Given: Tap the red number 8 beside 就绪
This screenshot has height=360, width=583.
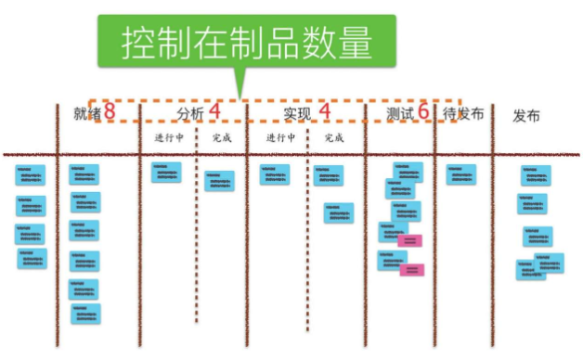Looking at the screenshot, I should tap(110, 111).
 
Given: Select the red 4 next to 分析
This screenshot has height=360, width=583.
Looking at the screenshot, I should tap(214, 111).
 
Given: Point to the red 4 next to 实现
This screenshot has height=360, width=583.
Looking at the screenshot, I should tap(325, 111).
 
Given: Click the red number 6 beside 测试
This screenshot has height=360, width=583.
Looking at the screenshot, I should tap(423, 111).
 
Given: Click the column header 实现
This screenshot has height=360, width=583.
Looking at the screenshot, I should tap(297, 113).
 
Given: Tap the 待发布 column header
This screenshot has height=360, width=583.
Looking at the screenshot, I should tap(463, 113).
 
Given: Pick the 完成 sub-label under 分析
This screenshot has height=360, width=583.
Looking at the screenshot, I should tap(222, 138).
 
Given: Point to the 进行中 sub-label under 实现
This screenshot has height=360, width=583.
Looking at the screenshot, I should tap(280, 138).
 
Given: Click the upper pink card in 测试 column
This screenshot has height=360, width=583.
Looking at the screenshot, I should tap(409, 240).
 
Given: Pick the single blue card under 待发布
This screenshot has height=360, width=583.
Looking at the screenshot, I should tap(460, 174).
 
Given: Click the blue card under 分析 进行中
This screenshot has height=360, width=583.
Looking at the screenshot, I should tap(166, 173).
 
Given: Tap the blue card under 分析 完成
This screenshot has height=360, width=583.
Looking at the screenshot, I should tap(219, 180).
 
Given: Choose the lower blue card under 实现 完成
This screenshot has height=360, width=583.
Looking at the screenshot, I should tap(339, 212).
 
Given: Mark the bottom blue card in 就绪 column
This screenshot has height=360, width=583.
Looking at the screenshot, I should tap(85, 313).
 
